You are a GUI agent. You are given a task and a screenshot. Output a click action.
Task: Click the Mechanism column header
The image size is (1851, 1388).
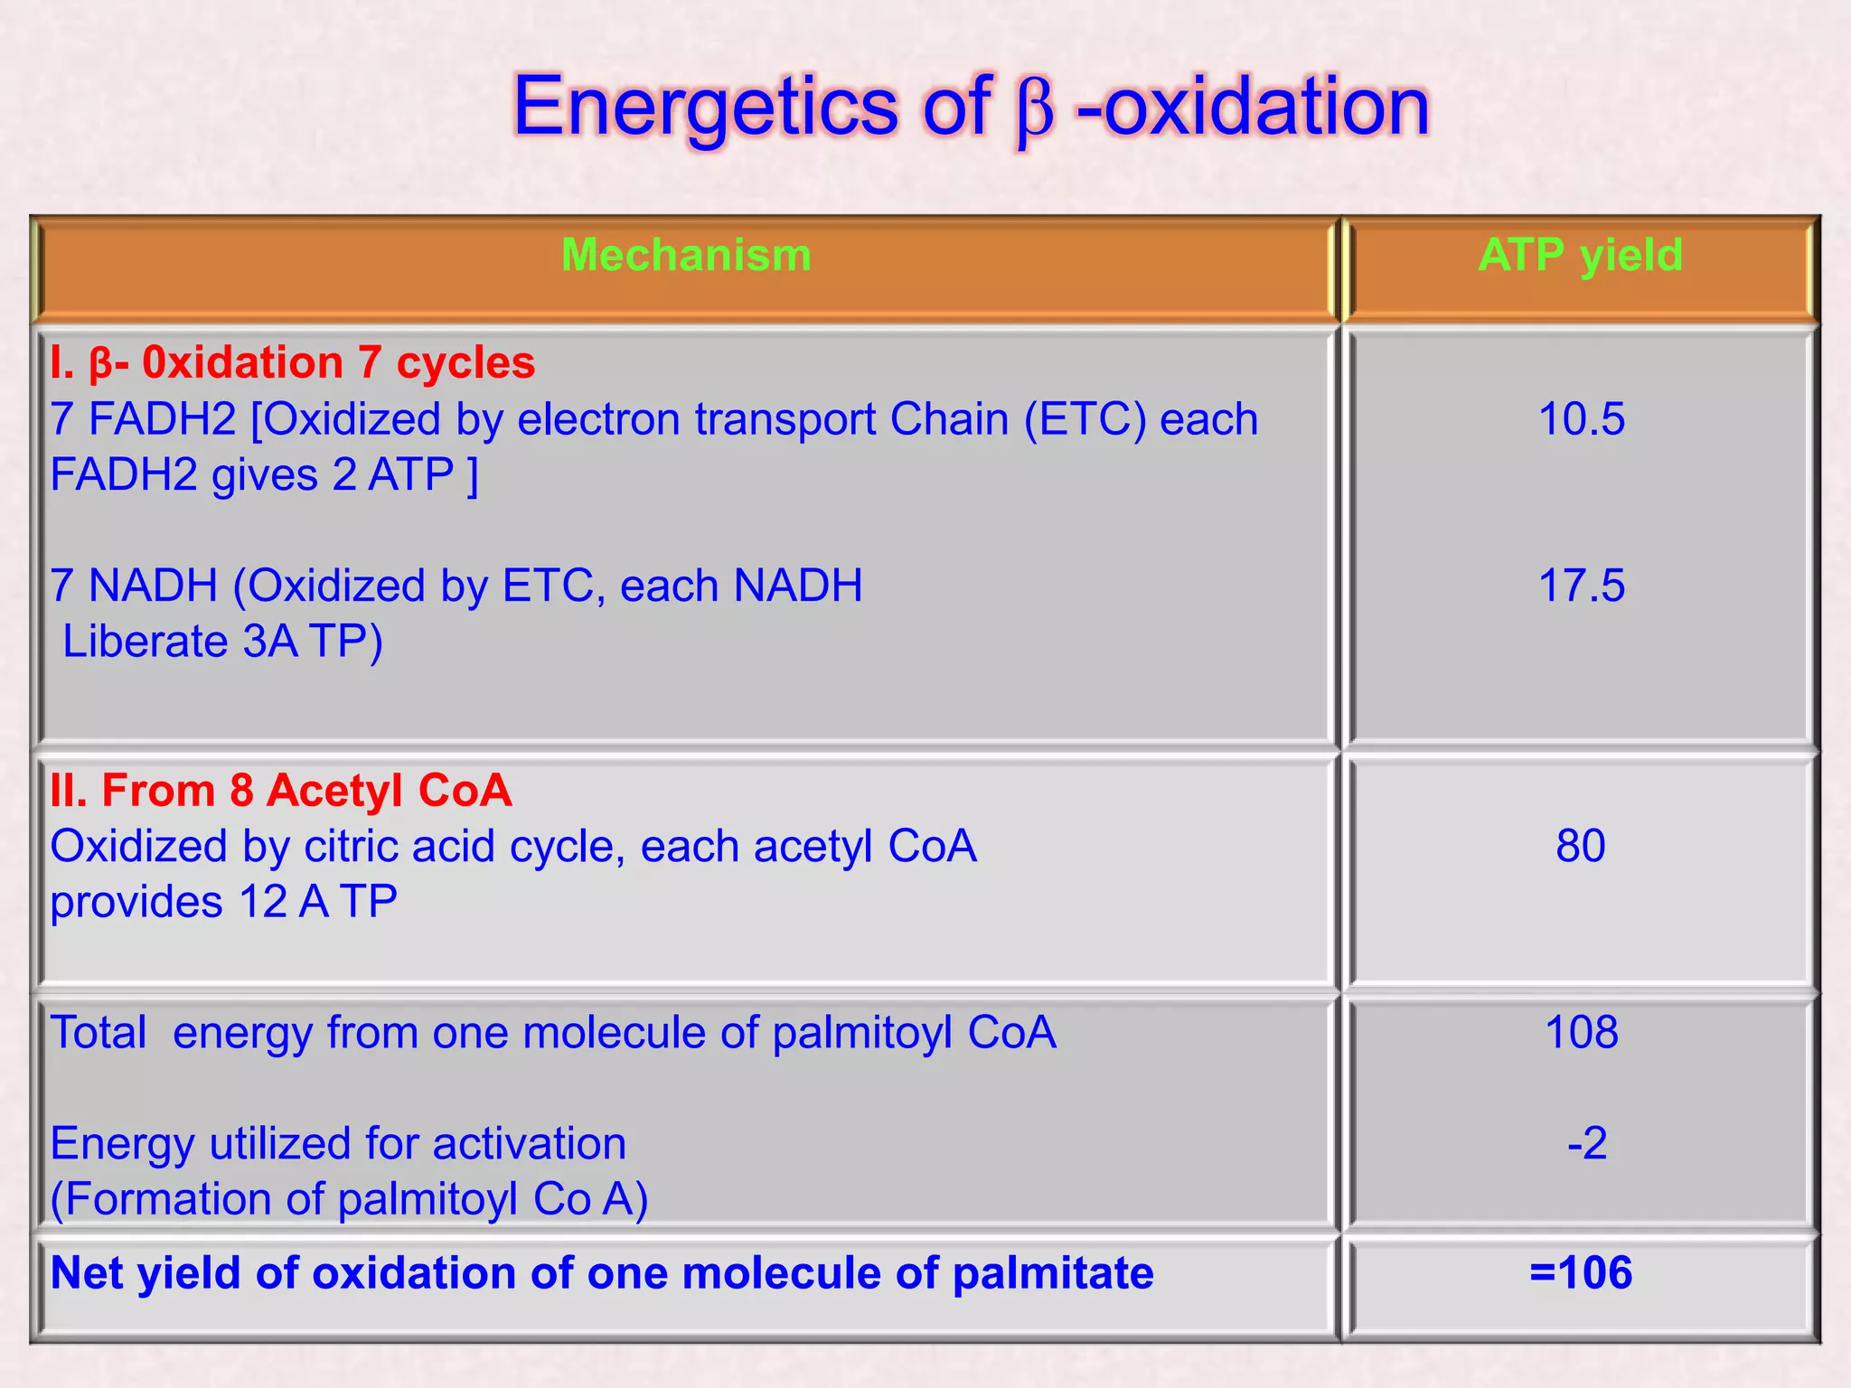[686, 255]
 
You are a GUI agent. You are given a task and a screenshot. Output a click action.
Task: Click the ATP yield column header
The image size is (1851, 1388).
[1580, 255]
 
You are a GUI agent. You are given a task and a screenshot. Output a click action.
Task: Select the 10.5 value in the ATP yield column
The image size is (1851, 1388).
[1581, 419]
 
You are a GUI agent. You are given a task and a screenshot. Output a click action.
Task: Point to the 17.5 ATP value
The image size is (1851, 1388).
[1581, 586]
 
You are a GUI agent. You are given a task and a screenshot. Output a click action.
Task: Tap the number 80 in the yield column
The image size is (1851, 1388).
[1581, 847]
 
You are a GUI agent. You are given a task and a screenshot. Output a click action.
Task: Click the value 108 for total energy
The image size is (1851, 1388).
[1581, 1032]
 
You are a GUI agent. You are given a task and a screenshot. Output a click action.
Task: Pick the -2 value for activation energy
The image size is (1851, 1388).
[1587, 1143]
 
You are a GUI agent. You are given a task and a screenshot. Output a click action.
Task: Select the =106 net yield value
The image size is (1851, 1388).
[1581, 1272]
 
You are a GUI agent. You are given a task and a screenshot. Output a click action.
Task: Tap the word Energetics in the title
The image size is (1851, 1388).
[705, 107]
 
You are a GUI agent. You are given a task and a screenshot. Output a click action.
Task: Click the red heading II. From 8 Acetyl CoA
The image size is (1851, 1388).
[280, 791]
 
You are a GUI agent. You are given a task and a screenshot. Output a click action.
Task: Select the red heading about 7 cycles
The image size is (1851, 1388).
[293, 363]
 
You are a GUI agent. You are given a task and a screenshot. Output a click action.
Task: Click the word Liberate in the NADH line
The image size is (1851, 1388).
[145, 642]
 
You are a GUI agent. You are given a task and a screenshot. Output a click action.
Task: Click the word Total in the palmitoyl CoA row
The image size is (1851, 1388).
[98, 1032]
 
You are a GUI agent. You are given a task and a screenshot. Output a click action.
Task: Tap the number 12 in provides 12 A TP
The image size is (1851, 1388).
[262, 903]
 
